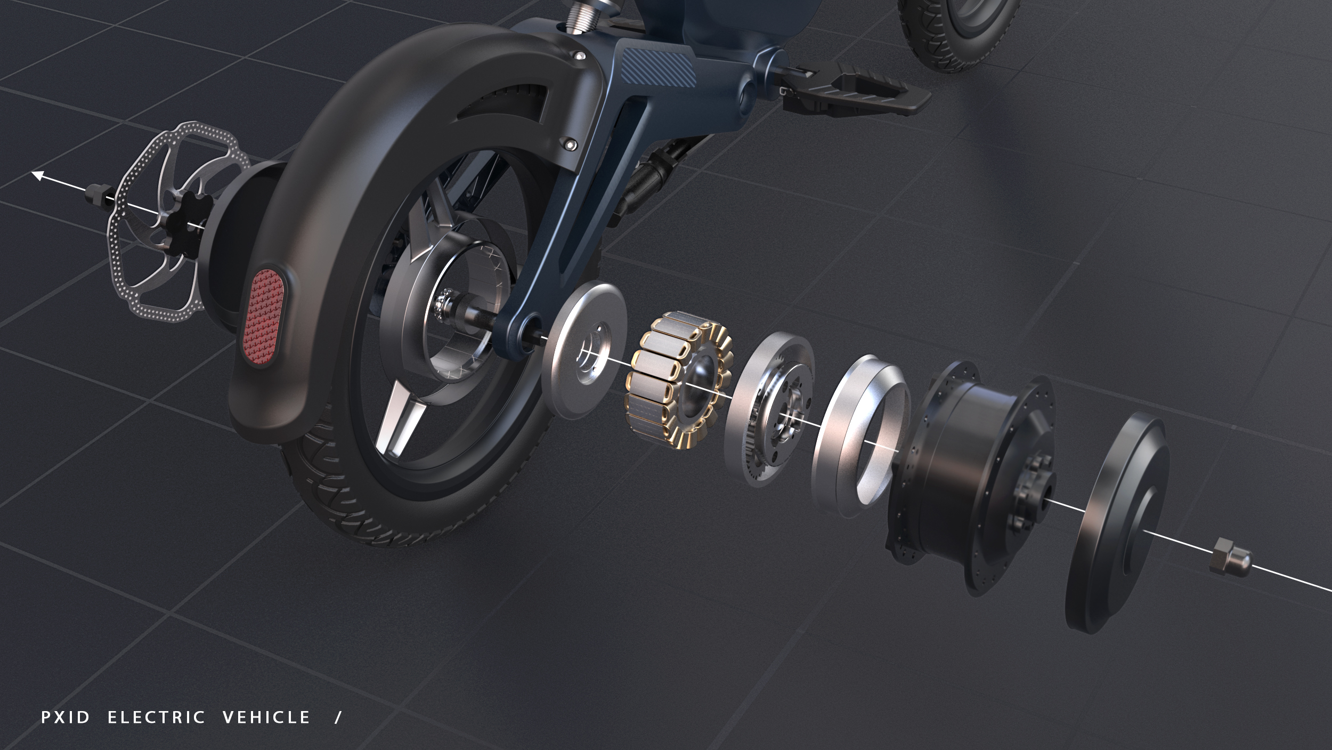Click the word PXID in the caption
click(x=66, y=717)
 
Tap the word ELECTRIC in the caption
click(x=156, y=717)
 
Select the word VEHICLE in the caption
click(x=266, y=717)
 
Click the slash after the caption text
click(x=337, y=717)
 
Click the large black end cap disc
click(x=1114, y=525)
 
